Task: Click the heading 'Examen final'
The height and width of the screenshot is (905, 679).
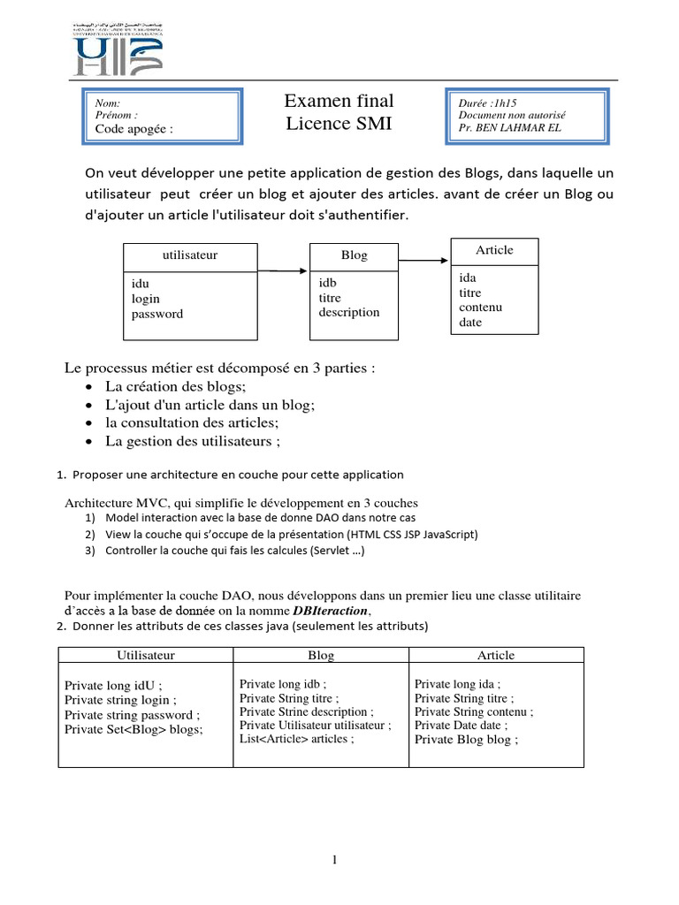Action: point(339,101)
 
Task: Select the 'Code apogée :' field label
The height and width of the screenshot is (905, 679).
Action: point(134,129)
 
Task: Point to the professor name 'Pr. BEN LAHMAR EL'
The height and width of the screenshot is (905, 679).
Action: point(510,127)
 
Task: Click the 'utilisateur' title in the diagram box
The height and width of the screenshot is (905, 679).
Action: point(190,255)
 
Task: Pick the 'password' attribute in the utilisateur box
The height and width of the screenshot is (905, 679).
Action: point(157,314)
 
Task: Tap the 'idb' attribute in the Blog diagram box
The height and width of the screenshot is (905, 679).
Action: point(328,283)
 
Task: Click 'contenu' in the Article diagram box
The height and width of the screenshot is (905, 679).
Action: point(480,307)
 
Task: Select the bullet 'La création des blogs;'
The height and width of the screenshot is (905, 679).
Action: point(175,386)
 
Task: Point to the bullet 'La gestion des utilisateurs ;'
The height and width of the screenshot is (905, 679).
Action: point(193,441)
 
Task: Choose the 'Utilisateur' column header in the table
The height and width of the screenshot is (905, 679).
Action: point(146,655)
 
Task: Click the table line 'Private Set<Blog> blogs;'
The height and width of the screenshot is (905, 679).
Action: point(134,729)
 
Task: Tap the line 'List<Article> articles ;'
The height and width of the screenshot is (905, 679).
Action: point(296,738)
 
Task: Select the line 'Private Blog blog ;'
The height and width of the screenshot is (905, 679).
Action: point(466,740)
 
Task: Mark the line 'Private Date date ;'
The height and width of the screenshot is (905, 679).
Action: point(461,725)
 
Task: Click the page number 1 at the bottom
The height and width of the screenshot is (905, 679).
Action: point(336,859)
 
